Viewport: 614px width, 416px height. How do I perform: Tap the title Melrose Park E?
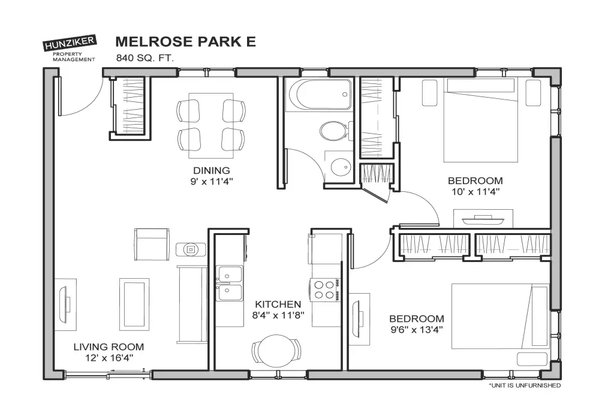click(x=186, y=41)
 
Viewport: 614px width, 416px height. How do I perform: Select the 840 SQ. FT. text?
click(x=145, y=58)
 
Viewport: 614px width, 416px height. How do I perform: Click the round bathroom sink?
click(x=340, y=167)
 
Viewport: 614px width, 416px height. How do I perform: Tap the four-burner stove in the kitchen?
click(x=324, y=290)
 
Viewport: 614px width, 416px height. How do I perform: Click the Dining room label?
click(x=212, y=171)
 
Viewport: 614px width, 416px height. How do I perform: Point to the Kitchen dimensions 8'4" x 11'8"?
click(x=278, y=315)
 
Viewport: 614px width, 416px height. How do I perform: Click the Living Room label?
click(x=109, y=346)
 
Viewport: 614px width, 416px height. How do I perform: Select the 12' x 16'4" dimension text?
click(x=109, y=358)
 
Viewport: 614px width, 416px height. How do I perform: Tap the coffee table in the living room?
click(x=134, y=303)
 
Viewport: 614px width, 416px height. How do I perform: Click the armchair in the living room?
click(x=152, y=245)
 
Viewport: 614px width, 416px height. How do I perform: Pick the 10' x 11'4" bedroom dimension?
click(x=475, y=192)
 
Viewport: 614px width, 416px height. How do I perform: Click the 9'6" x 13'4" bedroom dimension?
click(x=417, y=330)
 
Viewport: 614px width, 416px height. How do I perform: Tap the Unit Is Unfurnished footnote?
click(x=525, y=385)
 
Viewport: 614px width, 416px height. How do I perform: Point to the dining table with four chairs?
click(x=211, y=125)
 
